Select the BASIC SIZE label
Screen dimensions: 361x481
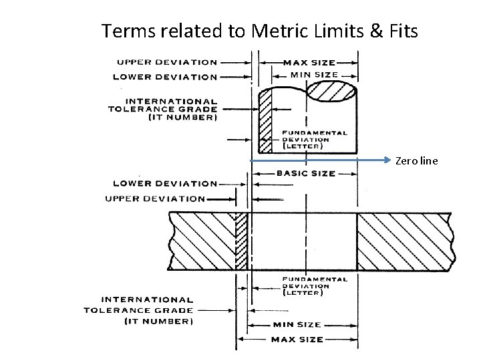coord(306,173)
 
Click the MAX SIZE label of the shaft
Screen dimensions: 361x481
coord(309,63)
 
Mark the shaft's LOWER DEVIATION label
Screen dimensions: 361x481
coord(166,77)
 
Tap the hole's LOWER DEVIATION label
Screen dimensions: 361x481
coord(166,183)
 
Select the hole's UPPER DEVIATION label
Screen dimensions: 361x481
coord(155,199)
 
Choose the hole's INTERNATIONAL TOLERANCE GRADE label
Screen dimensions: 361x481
coord(139,310)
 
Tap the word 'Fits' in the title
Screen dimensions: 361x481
coord(400,30)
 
